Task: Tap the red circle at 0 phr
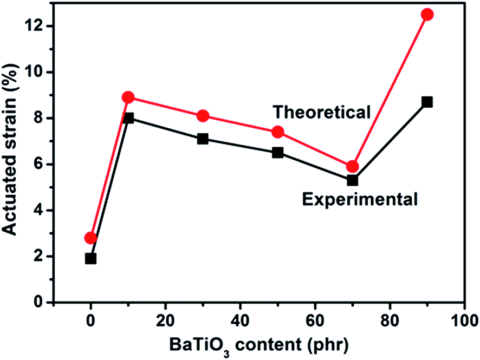tap(90, 238)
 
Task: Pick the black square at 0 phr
tap(90, 258)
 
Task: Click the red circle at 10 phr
tap(128, 97)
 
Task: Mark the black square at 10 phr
tap(128, 118)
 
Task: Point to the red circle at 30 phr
tap(203, 116)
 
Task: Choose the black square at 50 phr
tap(277, 153)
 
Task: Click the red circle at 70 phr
tap(352, 167)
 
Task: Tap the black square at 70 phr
tap(352, 180)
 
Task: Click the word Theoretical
tap(322, 112)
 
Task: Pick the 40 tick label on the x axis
tap(240, 319)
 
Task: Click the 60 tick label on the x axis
tap(315, 319)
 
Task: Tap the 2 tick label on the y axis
tap(41, 256)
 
